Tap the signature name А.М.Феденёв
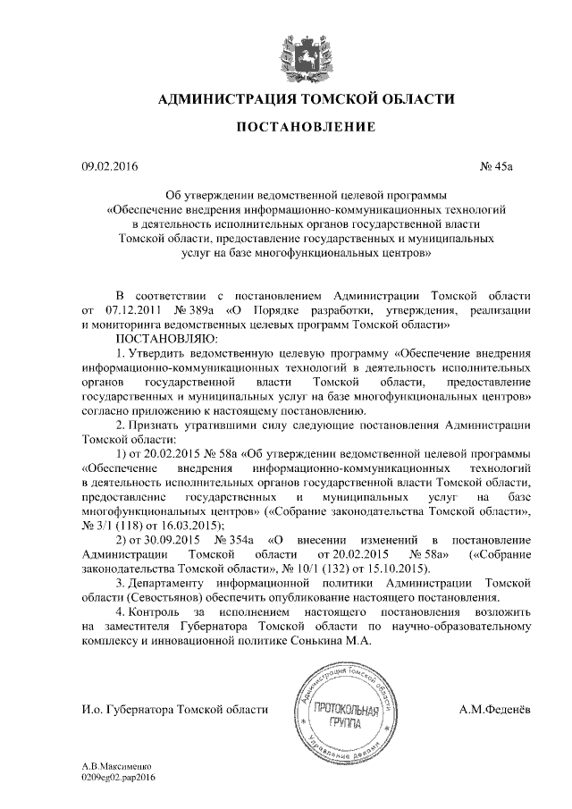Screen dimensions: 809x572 tap(493, 710)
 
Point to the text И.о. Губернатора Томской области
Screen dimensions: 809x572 tap(174, 710)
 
